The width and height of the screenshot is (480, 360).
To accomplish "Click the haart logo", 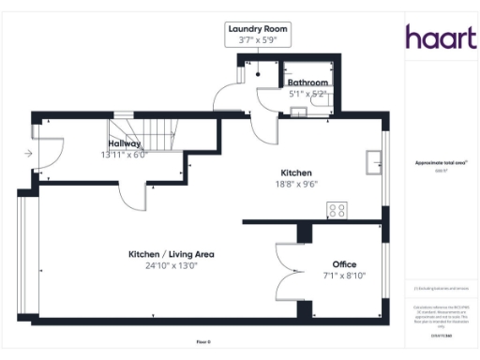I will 441,37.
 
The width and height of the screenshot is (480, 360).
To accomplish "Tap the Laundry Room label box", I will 260,35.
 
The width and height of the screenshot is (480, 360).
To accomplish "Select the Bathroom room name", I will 307,82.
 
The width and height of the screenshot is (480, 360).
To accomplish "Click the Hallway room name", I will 124,143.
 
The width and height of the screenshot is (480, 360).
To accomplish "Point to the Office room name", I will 345,264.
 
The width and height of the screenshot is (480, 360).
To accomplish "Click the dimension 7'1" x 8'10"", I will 345,276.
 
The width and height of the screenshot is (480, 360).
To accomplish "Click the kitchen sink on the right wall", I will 373,161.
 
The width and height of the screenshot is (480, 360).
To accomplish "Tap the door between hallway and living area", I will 137,194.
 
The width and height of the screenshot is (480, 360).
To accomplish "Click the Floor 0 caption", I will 203,343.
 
